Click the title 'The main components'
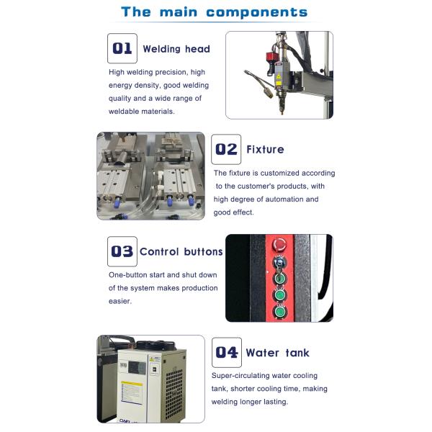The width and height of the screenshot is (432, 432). (x=214, y=12)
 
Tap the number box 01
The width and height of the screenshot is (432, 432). (x=122, y=48)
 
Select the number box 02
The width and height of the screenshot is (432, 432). (x=226, y=149)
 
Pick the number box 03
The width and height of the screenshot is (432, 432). (x=122, y=251)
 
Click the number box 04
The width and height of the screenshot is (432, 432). (x=227, y=352)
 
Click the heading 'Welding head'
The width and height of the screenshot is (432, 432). (x=176, y=49)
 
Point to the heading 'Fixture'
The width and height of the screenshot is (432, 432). (x=265, y=149)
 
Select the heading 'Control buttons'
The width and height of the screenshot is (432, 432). (x=181, y=251)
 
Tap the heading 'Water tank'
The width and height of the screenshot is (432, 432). (x=277, y=353)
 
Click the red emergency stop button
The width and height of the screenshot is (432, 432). (x=279, y=245)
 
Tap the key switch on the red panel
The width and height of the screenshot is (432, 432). (x=279, y=262)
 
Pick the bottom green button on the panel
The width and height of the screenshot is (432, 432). (x=279, y=312)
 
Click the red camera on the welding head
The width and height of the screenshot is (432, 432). (x=271, y=58)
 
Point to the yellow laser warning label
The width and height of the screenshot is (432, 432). (x=279, y=76)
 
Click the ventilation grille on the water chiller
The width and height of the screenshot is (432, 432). (x=174, y=395)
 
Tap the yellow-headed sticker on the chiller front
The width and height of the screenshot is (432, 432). (x=132, y=392)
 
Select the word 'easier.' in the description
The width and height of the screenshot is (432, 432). (x=120, y=301)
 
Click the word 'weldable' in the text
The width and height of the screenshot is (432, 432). (x=124, y=112)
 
